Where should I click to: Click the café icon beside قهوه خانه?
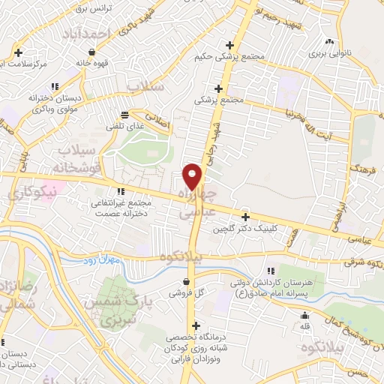[91, 52]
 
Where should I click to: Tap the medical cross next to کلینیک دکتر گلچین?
[245, 216]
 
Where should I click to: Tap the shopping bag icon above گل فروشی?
[184, 282]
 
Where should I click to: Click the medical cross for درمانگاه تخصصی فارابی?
[196, 325]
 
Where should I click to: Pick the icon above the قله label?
[305, 316]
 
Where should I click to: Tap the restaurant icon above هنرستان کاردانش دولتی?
[271, 270]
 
